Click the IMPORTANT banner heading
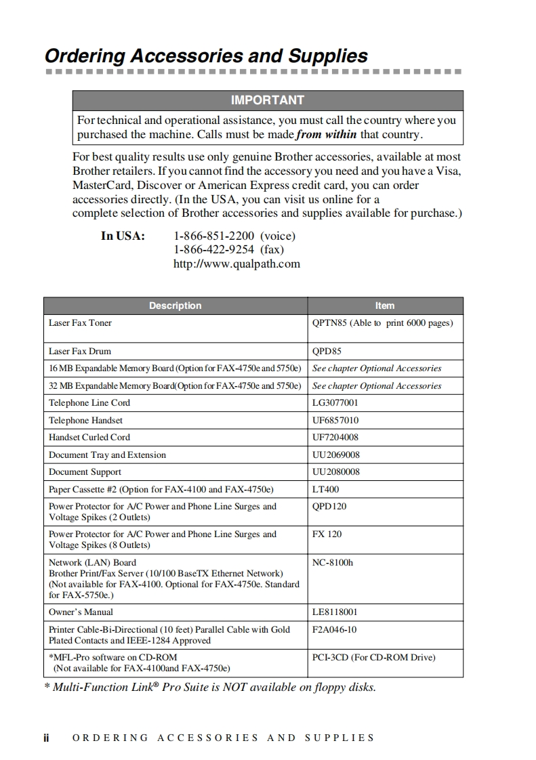point(268,100)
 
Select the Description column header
point(175,305)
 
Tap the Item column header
point(385,305)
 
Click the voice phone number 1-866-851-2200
point(214,236)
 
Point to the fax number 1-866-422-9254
point(214,249)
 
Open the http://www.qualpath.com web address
point(236,263)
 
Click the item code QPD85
point(327,352)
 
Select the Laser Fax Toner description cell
point(80,323)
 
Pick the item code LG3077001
point(335,403)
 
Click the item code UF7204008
point(335,438)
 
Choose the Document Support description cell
point(85,472)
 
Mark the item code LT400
point(326,490)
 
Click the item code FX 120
point(327,534)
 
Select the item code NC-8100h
point(333,563)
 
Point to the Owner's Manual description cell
point(81,612)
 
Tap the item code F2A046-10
point(334,630)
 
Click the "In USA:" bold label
point(123,236)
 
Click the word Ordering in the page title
point(85,56)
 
